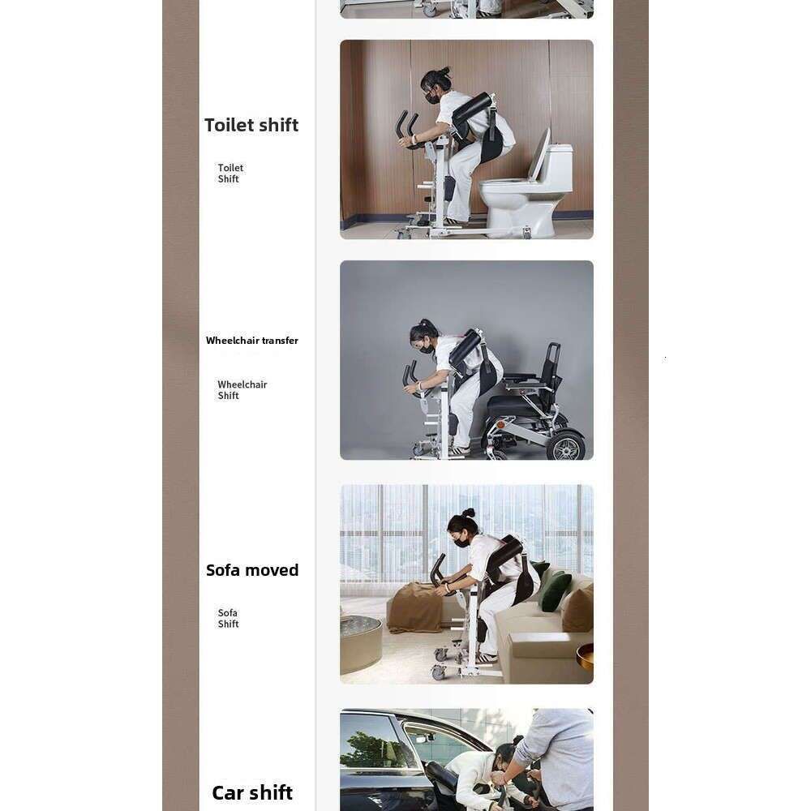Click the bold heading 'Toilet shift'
pos(251,125)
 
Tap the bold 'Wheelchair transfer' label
pos(252,341)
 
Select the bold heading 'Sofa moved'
pos(252,570)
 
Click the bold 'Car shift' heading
pos(252,792)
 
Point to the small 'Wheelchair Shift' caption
pos(242,390)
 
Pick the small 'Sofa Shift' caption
pos(228,618)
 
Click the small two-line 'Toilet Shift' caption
pos(230,174)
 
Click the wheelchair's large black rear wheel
pos(567,444)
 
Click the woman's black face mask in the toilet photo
pos(432,98)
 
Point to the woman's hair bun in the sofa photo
pos(469,513)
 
